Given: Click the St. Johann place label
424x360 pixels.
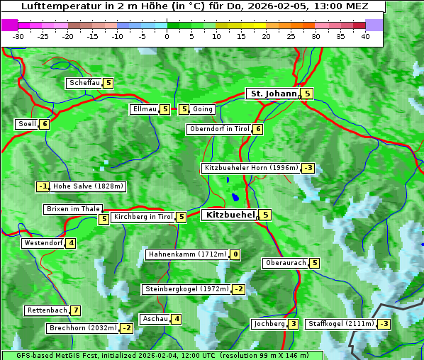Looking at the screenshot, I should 272,93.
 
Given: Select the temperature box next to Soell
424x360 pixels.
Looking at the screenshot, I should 45,124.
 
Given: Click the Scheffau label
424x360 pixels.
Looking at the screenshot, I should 84,83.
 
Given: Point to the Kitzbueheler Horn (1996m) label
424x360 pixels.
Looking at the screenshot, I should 251,168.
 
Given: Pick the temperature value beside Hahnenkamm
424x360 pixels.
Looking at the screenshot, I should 235,254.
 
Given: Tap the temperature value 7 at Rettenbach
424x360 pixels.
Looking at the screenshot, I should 76,310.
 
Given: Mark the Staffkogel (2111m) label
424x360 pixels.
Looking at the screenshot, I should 340,324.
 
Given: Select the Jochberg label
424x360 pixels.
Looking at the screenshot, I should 269,324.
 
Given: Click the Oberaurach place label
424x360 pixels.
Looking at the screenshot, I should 285,263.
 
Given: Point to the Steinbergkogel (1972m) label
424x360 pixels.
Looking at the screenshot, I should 186,289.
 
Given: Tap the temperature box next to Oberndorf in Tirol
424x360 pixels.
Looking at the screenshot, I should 258,129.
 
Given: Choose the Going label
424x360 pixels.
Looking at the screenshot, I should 203,109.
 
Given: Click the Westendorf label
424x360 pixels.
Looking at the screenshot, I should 43,243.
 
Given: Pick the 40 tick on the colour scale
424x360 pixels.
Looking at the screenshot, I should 365,36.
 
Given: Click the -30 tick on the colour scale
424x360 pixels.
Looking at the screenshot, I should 18,36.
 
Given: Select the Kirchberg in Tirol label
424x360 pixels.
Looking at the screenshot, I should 143,217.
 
